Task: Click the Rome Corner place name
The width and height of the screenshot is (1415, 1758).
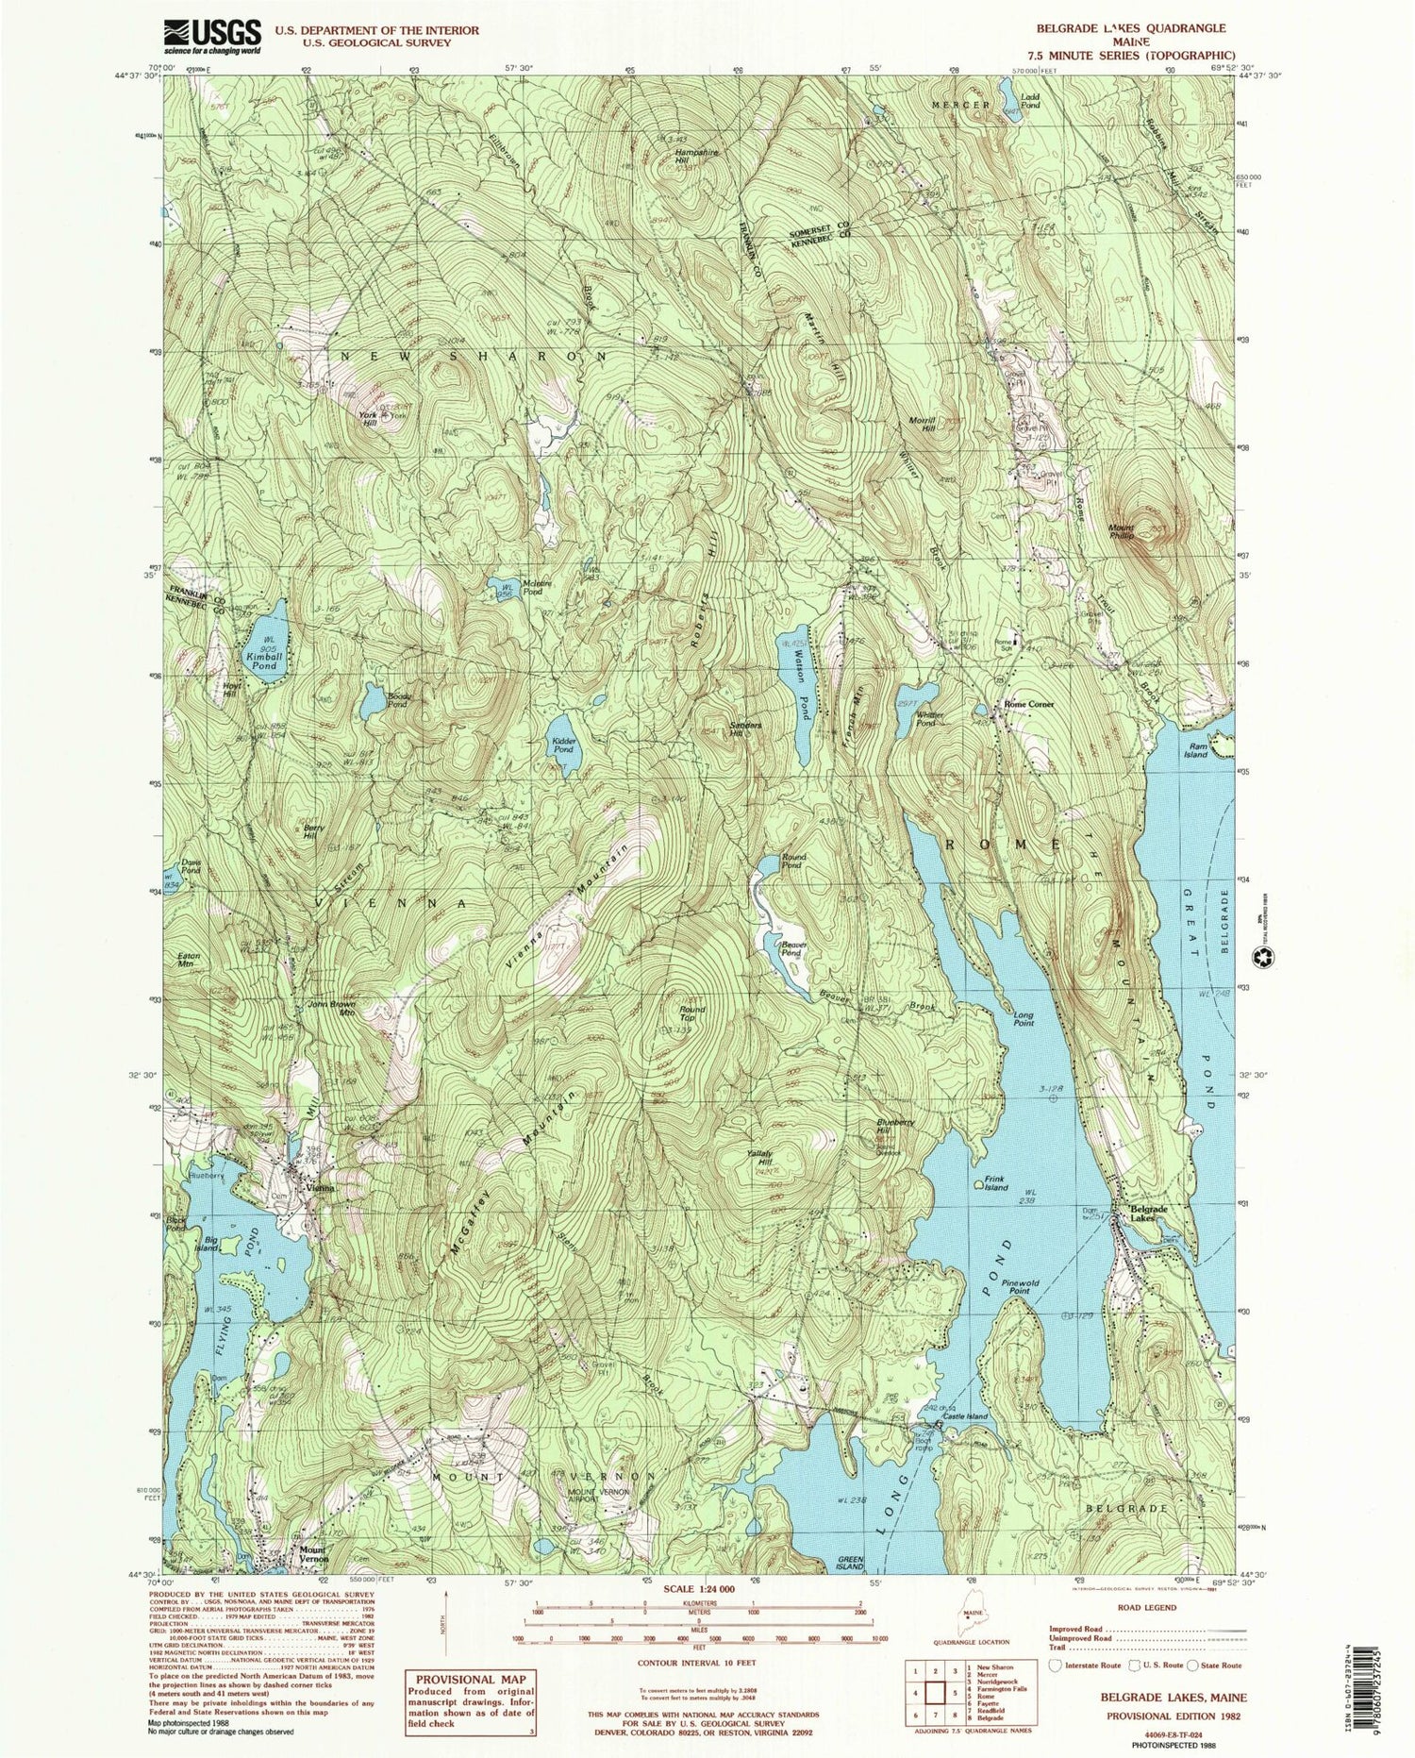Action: (1028, 704)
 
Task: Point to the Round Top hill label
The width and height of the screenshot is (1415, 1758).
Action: (692, 1013)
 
